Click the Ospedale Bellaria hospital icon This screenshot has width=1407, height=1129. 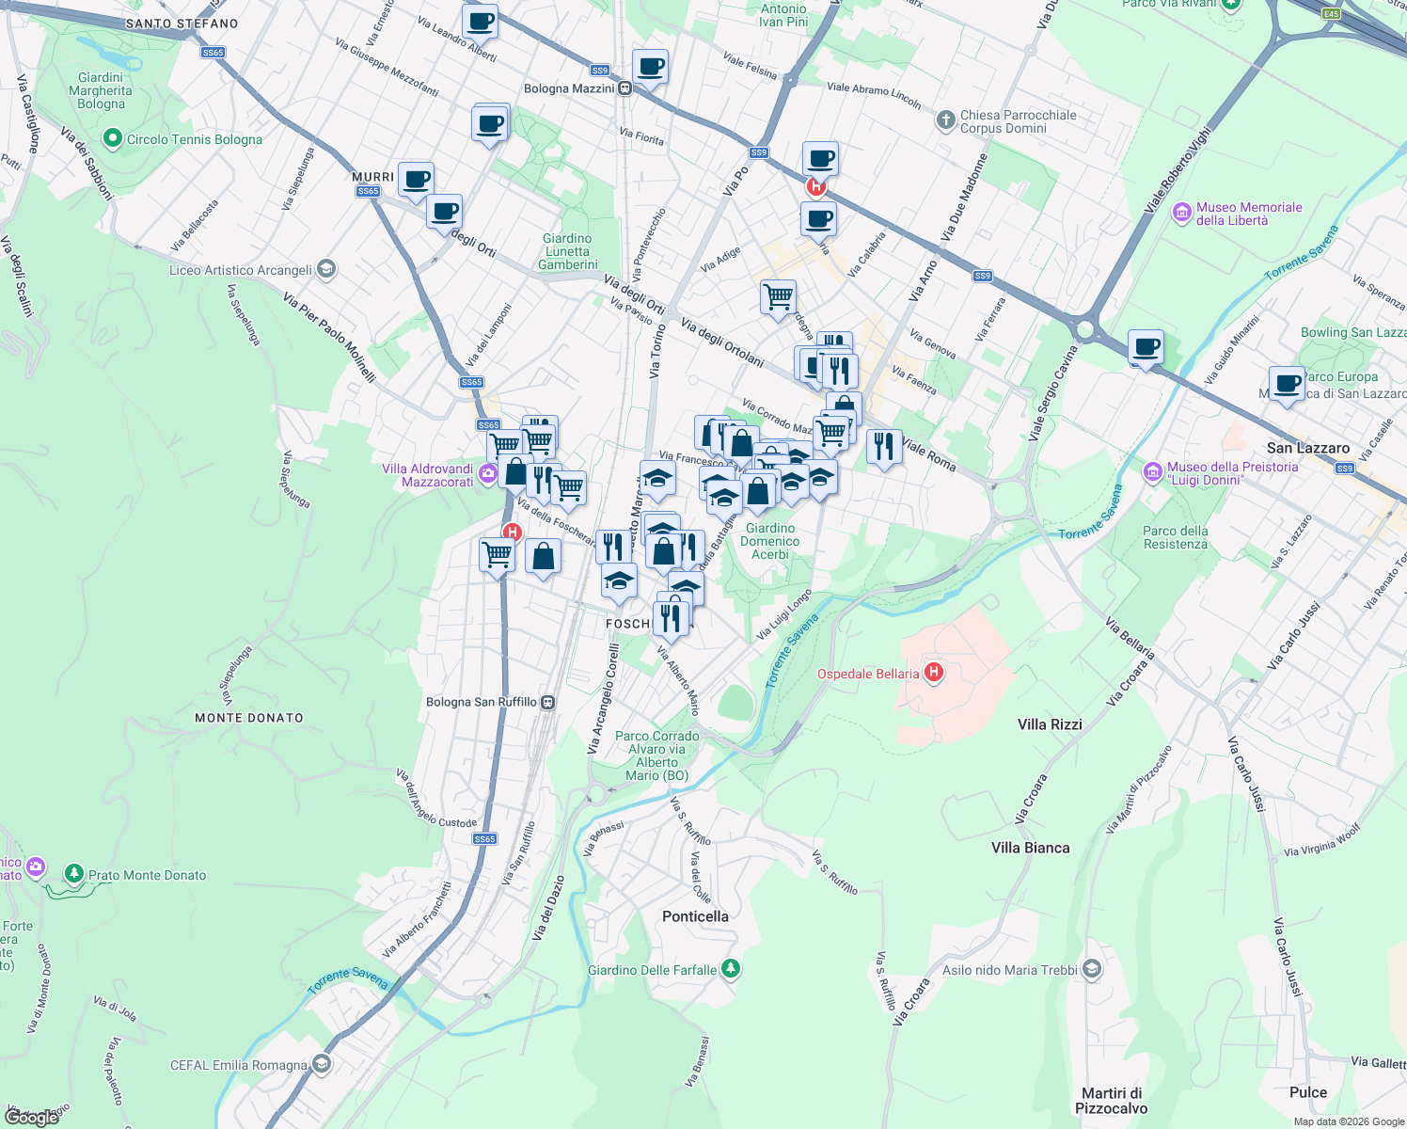[934, 673]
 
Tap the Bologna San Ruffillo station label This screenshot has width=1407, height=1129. [482, 702]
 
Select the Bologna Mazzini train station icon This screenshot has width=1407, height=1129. [624, 88]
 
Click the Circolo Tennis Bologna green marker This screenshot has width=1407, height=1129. [113, 139]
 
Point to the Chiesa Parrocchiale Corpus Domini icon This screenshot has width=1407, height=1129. [946, 120]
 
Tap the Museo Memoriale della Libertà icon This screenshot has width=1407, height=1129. [1182, 213]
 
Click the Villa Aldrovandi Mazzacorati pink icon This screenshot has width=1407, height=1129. [487, 473]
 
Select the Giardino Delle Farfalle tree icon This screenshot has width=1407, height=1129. [731, 969]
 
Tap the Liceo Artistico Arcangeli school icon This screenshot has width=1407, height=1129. [325, 270]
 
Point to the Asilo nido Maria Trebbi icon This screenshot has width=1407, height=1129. [1091, 969]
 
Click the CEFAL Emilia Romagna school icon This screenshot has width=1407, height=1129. [322, 1064]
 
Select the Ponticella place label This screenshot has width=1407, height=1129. [695, 916]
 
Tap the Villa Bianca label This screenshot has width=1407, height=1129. [1030, 848]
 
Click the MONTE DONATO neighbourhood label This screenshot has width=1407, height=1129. [249, 718]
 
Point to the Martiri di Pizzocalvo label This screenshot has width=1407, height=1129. [1112, 1100]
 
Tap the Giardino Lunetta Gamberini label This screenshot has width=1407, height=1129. [567, 251]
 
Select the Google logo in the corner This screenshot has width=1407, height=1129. [31, 1117]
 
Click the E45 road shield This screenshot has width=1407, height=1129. [1331, 14]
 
